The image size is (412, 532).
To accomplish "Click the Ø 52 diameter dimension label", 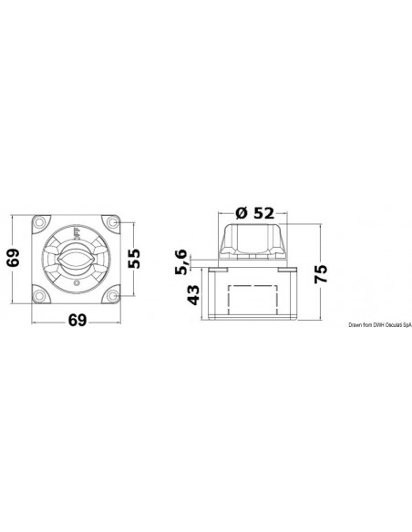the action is click(x=254, y=213).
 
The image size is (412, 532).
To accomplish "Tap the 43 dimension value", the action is click(x=193, y=294).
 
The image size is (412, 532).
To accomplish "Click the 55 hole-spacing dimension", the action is click(x=134, y=259).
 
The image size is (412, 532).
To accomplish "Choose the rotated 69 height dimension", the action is click(x=14, y=258).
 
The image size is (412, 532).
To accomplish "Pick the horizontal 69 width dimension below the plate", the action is click(x=77, y=320).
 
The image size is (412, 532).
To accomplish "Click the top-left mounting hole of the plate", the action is click(x=40, y=223).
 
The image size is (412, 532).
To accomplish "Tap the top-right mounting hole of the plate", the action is click(x=112, y=223).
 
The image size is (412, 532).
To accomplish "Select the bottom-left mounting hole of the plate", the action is click(x=40, y=295).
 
